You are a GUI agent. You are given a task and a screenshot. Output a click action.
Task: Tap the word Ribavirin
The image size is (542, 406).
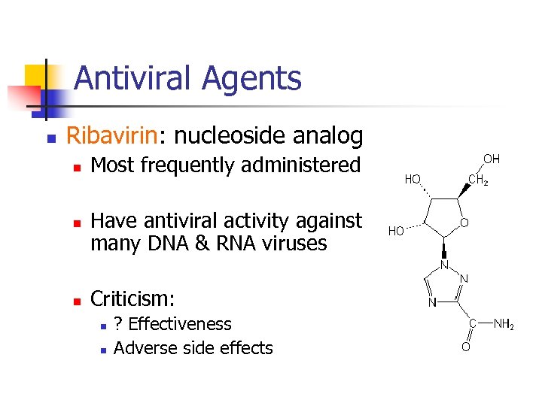tap(111, 136)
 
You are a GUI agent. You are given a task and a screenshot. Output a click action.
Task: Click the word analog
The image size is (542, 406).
tap(328, 136)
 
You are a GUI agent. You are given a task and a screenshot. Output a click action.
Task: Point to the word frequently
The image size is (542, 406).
tap(185, 165)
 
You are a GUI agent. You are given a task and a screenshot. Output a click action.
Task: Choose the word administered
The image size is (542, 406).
tap(304, 165)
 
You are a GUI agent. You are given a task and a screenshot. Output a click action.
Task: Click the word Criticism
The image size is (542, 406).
tap(132, 299)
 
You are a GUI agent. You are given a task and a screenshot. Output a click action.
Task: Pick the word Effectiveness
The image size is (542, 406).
tap(180, 324)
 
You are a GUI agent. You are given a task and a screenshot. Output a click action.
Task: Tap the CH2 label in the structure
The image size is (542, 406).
tap(478, 180)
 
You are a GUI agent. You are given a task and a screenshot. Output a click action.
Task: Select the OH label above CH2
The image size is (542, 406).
tap(491, 159)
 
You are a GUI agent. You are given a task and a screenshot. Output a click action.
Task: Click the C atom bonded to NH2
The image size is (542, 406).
tap(471, 323)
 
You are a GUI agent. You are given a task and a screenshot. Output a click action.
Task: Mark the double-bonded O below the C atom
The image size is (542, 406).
tap(466, 347)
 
